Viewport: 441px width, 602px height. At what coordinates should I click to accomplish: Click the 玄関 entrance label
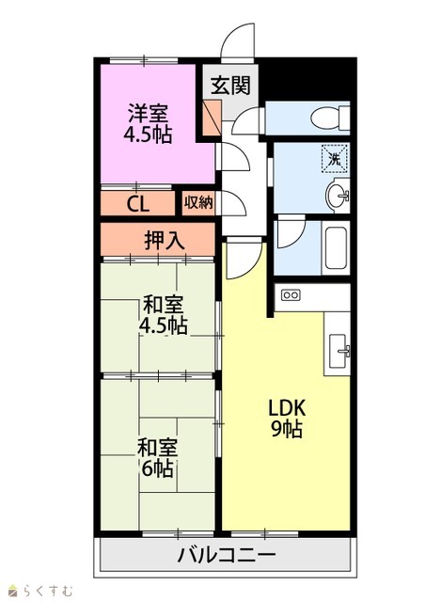(230, 85)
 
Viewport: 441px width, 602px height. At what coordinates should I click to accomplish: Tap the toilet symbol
(330, 118)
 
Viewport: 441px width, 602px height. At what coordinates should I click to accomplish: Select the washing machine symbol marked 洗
(335, 159)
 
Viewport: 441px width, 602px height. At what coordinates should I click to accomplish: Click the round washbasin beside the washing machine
(338, 197)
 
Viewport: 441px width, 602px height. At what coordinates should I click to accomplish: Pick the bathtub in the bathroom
(337, 248)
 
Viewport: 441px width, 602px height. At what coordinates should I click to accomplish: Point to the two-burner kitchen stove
(291, 295)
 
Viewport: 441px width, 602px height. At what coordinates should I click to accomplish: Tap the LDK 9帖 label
(287, 419)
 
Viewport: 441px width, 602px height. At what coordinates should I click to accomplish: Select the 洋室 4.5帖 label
(148, 123)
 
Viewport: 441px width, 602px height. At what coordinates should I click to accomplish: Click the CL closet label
(138, 205)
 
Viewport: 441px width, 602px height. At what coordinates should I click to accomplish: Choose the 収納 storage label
(198, 202)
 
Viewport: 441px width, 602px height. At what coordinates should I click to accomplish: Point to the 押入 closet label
(165, 241)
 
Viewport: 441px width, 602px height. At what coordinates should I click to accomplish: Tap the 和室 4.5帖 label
(163, 315)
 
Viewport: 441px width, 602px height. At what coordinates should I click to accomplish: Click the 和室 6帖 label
(157, 458)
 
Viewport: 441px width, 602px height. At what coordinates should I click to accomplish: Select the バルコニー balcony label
(227, 555)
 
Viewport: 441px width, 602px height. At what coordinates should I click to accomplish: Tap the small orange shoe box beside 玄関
(213, 118)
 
